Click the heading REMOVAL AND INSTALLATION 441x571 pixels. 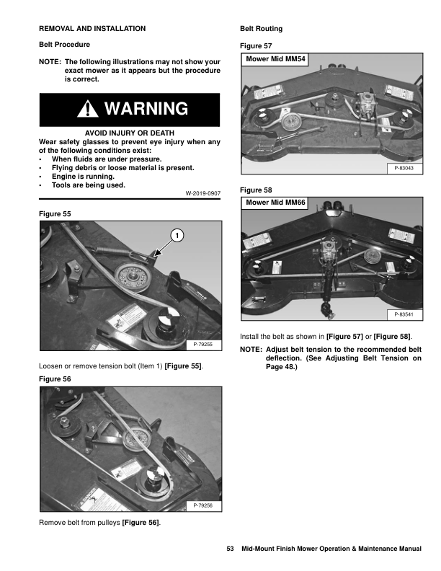coord(92,29)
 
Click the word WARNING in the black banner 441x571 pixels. coord(146,109)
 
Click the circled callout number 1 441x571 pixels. coord(178,235)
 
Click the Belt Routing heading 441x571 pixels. coord(261,29)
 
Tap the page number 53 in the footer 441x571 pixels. coord(231,549)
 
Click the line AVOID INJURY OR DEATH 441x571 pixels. coord(129,133)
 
